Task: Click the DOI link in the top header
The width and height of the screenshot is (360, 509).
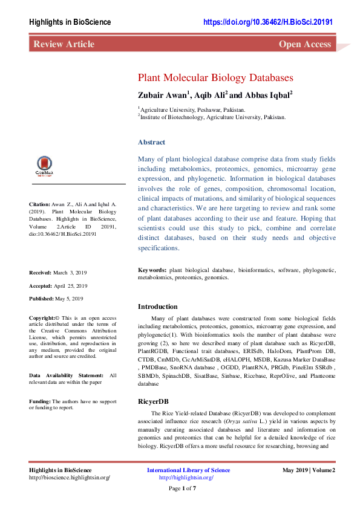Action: [268, 22]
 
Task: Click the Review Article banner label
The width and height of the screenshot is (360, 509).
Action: [64, 44]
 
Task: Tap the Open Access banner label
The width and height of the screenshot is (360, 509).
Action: [304, 44]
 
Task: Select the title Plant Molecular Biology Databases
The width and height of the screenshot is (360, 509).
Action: [215, 78]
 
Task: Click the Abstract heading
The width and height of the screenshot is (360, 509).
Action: [151, 142]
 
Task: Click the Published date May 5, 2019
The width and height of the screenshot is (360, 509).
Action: [71, 299]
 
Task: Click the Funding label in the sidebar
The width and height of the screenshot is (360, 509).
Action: [40, 401]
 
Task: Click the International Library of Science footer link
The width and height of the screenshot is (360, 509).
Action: [188, 470]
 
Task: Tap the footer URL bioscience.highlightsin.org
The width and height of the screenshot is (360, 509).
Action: [70, 478]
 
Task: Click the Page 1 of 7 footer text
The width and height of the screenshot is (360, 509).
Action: [182, 488]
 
